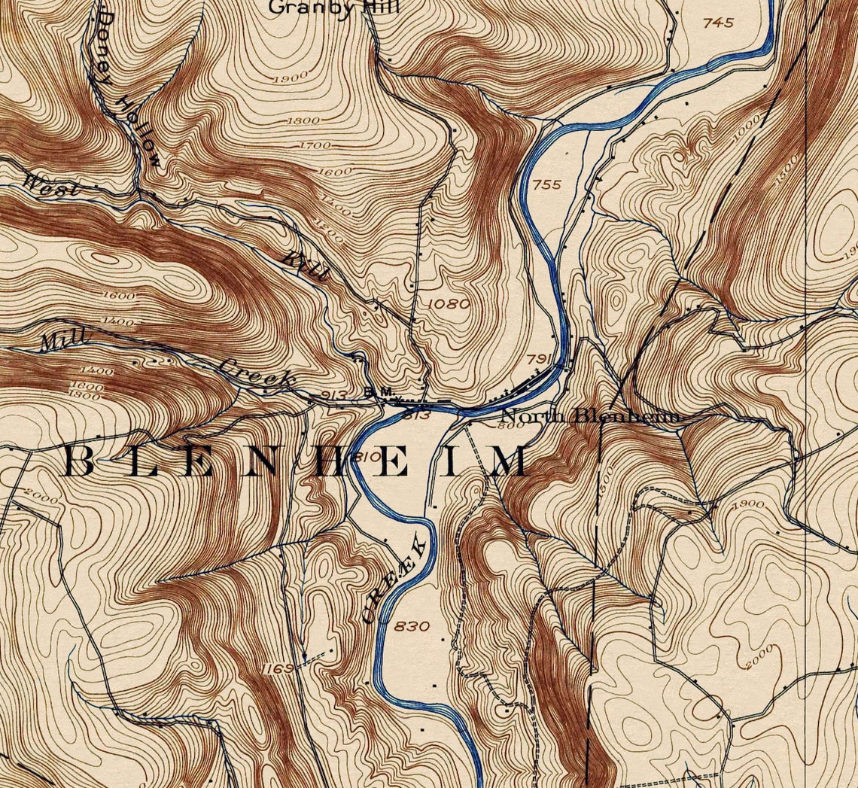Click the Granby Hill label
click(334, 8)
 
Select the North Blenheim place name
click(591, 416)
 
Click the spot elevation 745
click(717, 23)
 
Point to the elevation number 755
click(546, 184)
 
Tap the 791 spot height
click(540, 358)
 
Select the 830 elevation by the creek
click(412, 626)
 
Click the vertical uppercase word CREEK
click(396, 580)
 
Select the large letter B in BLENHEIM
click(80, 461)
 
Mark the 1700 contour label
click(315, 145)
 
